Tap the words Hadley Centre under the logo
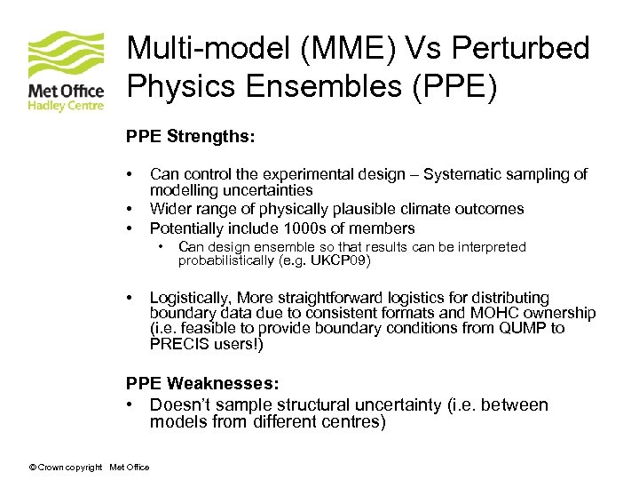pyautogui.click(x=66, y=106)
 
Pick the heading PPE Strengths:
pyautogui.click(x=191, y=138)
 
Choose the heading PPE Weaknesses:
pyautogui.click(x=202, y=383)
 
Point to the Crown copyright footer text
pyautogui.click(x=67, y=468)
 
